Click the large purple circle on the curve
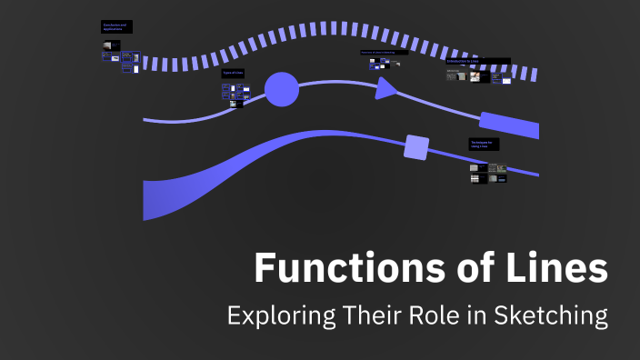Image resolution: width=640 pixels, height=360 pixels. (x=281, y=90)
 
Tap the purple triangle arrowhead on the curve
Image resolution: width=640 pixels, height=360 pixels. (x=385, y=87)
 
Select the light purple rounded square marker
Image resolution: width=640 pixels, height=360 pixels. (x=416, y=146)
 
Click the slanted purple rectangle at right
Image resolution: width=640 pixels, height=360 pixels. (x=510, y=125)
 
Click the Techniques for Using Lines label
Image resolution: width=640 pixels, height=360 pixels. (x=484, y=144)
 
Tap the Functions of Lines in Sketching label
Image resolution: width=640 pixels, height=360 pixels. (x=383, y=53)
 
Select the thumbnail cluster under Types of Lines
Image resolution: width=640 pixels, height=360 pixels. (x=235, y=93)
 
